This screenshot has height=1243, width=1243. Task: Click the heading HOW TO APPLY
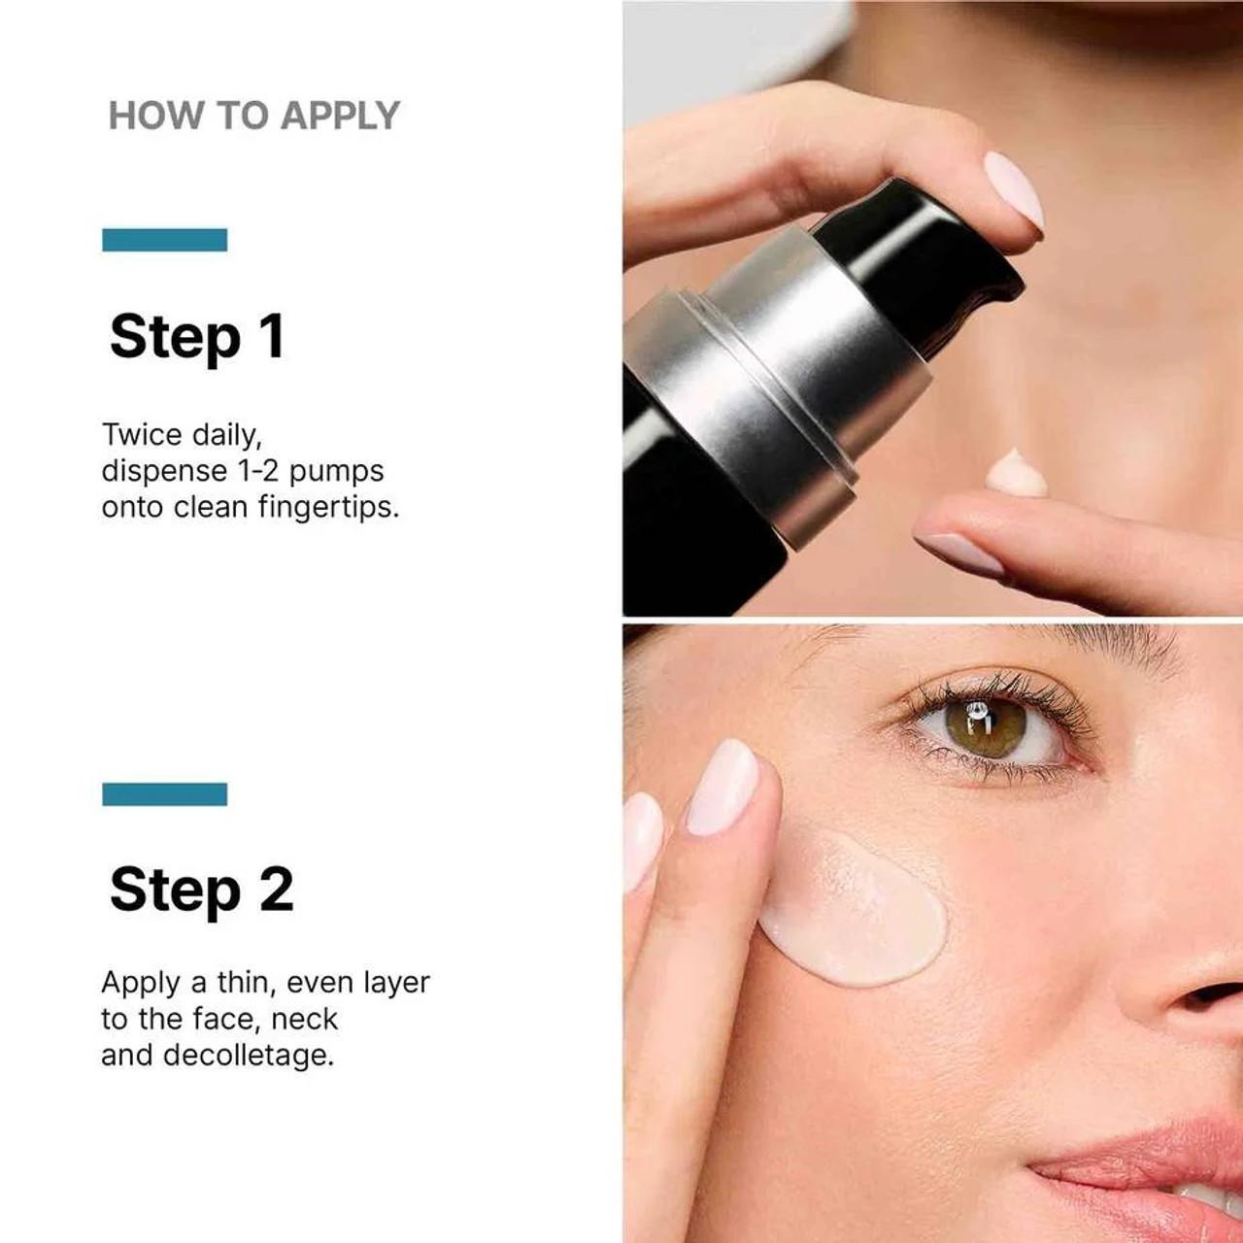(x=253, y=116)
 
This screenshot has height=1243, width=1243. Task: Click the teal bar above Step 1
(x=164, y=240)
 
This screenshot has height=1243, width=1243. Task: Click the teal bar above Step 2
(x=164, y=794)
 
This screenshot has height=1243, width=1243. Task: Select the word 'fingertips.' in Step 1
(x=328, y=507)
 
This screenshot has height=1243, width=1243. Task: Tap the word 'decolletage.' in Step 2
(x=248, y=1056)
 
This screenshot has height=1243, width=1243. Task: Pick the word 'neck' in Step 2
(x=305, y=1020)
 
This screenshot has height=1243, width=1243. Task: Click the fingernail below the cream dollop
(x=957, y=554)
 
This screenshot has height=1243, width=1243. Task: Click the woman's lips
(x=1146, y=1165)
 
